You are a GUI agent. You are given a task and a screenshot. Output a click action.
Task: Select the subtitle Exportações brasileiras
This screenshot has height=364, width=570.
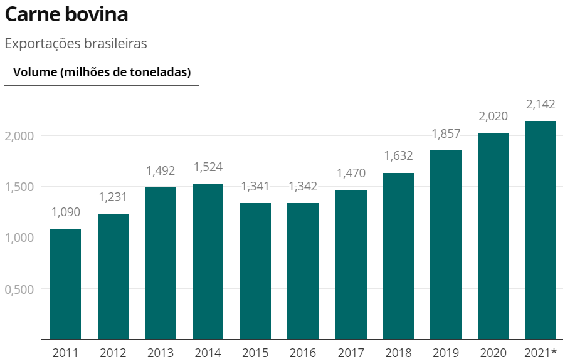pyautogui.click(x=75, y=44)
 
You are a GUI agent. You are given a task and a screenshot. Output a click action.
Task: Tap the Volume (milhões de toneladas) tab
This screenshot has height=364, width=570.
pyautogui.click(x=102, y=73)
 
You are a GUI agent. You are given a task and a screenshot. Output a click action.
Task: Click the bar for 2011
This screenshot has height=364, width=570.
pyautogui.click(x=65, y=284)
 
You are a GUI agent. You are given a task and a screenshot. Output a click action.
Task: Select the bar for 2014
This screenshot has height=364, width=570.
pyautogui.click(x=208, y=261)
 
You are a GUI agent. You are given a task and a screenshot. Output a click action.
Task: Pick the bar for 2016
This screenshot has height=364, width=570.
pyautogui.click(x=303, y=271)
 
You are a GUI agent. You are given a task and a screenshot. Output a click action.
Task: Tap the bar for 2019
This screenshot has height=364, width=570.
pyautogui.click(x=446, y=245)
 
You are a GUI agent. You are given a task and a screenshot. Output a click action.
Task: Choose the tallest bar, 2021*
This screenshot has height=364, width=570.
pyautogui.click(x=541, y=230)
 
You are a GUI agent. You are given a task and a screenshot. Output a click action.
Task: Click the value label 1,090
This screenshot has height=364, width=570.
pyautogui.click(x=65, y=212)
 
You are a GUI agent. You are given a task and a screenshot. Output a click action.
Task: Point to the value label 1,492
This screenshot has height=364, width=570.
pyautogui.click(x=161, y=171)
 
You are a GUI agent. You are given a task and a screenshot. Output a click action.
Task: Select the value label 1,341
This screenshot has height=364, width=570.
pyautogui.click(x=255, y=187)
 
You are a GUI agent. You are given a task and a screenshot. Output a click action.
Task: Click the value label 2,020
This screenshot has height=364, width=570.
pyautogui.click(x=493, y=117)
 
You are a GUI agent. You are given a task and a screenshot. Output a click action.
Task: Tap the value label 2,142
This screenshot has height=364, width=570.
pyautogui.click(x=541, y=104)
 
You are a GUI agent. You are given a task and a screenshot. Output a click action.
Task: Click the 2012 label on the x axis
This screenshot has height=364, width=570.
pyautogui.click(x=113, y=353)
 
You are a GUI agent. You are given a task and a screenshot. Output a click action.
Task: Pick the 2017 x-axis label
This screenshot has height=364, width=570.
pyautogui.click(x=351, y=353)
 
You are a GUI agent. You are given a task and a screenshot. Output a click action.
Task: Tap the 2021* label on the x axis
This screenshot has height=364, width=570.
pyautogui.click(x=541, y=353)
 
